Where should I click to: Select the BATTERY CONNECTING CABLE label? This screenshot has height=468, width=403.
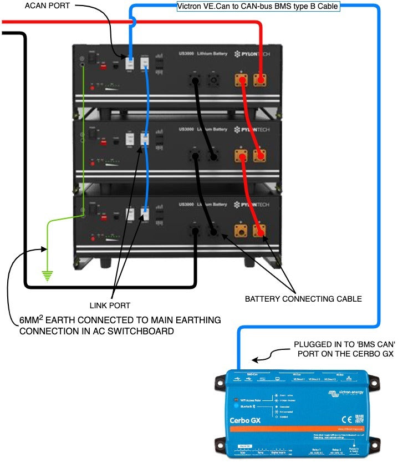pos(303,299)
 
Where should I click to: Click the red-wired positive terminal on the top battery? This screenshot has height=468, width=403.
pos(258,80)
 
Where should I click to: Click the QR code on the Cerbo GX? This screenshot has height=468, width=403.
pos(360,418)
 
